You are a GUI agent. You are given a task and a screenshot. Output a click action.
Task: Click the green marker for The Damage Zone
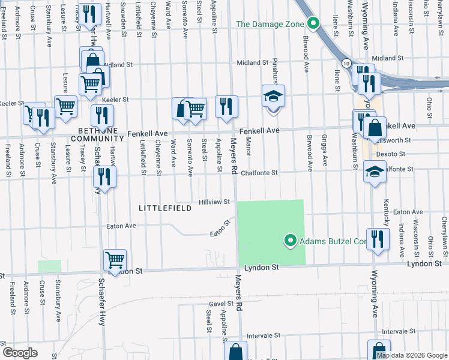[313, 24]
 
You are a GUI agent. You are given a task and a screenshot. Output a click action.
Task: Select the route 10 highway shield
[346, 63]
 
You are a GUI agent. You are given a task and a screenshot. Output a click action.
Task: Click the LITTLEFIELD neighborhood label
[165, 208]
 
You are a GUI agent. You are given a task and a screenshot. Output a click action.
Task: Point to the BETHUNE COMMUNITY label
[97, 134]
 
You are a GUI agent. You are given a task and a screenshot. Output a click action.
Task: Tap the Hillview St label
[215, 202]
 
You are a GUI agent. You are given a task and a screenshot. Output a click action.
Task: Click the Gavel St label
[220, 304]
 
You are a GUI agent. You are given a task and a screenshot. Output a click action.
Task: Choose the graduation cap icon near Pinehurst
[273, 96]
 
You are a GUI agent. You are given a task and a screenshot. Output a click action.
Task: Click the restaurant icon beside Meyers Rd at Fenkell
[226, 107]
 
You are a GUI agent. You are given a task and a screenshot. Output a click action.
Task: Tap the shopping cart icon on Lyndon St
[115, 260]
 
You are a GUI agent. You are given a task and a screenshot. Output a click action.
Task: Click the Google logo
[20, 353]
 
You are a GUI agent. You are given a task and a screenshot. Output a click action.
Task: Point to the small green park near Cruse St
[49, 266]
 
